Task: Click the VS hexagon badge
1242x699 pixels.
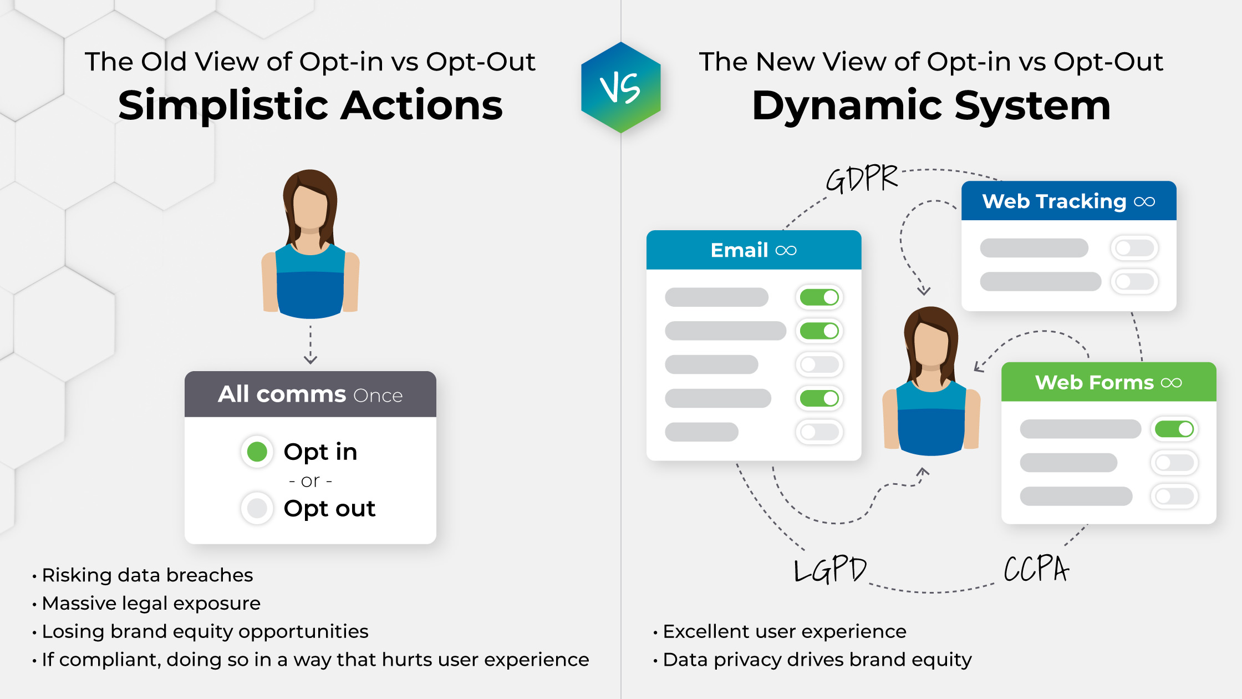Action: click(x=620, y=88)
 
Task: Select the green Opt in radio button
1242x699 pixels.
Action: click(x=257, y=452)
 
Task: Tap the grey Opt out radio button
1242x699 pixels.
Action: click(x=257, y=508)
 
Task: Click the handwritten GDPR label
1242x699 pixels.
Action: click(x=861, y=179)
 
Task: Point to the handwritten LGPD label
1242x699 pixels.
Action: click(x=830, y=569)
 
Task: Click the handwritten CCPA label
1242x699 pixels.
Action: click(x=1036, y=569)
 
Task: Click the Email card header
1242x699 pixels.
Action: click(x=754, y=250)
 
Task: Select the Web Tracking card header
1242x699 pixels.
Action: click(x=1068, y=201)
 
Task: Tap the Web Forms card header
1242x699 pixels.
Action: click(x=1108, y=382)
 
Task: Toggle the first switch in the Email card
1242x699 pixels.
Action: click(x=819, y=297)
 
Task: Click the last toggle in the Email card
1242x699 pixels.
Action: click(x=819, y=432)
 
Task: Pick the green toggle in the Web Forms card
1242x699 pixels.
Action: click(x=1174, y=429)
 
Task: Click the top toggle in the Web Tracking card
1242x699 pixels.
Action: click(x=1134, y=248)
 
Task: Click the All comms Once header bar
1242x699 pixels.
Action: click(x=310, y=394)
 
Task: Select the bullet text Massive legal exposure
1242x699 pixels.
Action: click(x=151, y=603)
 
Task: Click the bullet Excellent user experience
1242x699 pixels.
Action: click(x=784, y=631)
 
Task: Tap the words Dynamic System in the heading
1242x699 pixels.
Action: click(x=931, y=105)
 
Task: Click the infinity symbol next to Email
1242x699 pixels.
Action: click(x=786, y=251)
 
